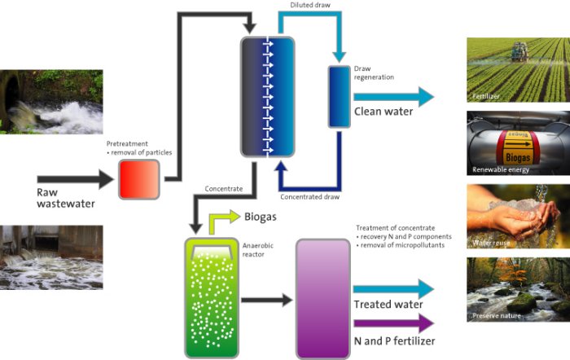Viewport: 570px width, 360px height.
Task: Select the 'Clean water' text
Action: tap(383, 112)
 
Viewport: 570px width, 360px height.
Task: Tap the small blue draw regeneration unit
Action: tap(338, 98)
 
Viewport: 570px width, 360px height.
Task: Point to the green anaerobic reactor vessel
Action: tap(209, 297)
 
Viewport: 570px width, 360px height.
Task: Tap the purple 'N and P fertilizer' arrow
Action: tap(395, 325)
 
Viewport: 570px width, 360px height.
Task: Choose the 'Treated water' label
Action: tap(388, 305)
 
